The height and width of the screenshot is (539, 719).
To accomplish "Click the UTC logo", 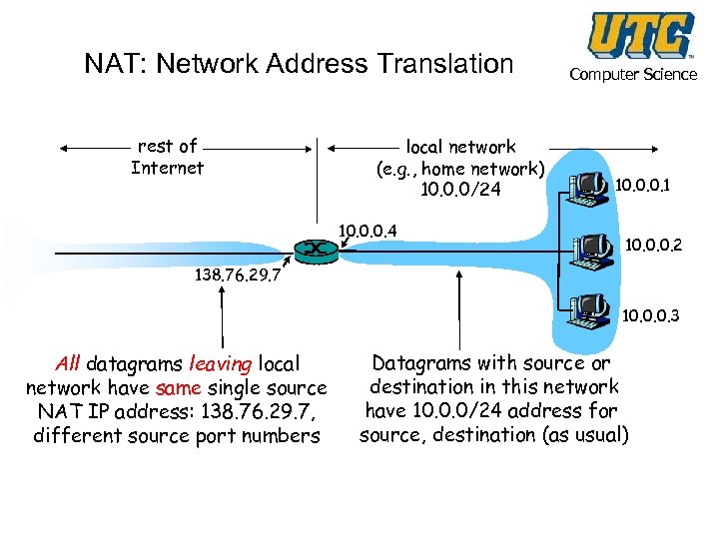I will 640,36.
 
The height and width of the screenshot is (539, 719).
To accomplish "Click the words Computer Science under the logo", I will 633,75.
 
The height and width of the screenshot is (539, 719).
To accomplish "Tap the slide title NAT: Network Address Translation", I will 299,64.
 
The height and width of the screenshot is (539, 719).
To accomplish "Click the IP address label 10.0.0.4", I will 367,232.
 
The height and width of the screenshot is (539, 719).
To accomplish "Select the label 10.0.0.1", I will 642,185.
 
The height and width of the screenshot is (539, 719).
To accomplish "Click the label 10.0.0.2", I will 654,243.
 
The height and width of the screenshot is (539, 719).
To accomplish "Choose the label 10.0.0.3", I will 651,316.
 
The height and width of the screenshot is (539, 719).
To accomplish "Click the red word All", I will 68,364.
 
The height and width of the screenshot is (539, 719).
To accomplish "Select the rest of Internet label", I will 167,157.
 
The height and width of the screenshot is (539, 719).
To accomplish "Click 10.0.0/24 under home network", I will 460,190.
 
